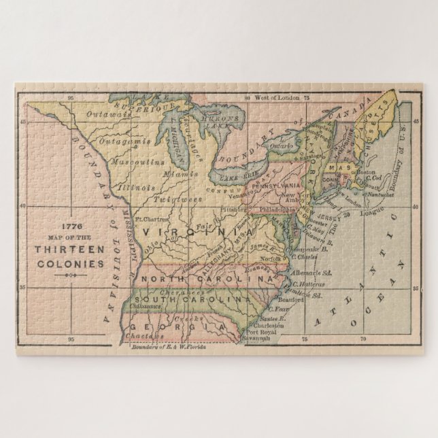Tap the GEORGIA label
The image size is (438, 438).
pyautogui.click(x=178, y=328)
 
